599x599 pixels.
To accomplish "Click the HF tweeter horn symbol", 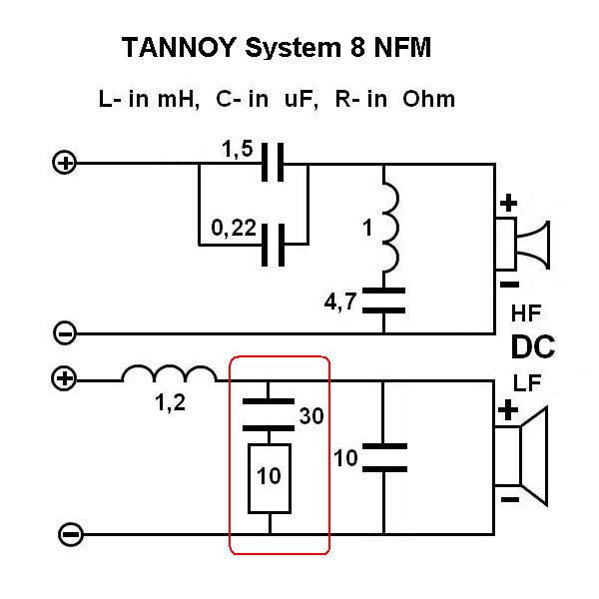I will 529,245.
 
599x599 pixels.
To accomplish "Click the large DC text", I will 533,347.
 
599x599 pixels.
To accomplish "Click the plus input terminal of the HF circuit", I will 65,162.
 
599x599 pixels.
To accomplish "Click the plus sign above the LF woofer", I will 509,410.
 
